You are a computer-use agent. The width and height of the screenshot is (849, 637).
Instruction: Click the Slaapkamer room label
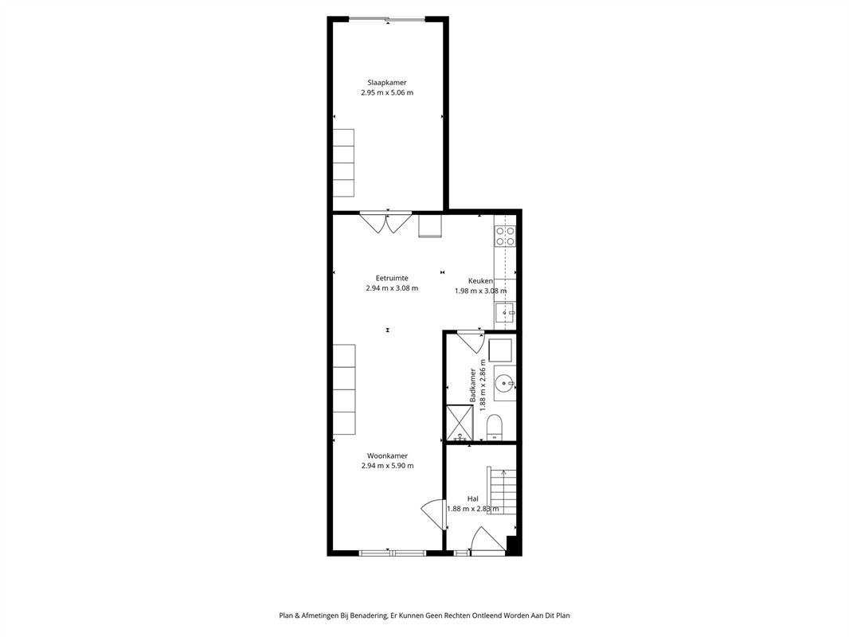(x=386, y=83)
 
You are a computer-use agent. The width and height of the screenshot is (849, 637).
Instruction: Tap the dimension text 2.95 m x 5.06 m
(x=386, y=92)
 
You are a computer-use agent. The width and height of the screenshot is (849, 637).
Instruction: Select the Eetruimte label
(x=392, y=278)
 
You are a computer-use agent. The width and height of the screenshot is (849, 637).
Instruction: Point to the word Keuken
(x=480, y=281)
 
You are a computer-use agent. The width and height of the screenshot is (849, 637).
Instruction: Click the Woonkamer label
(x=387, y=455)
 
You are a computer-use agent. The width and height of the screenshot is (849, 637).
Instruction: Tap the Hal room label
(x=473, y=499)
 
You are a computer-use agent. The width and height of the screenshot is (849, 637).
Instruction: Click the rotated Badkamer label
(x=473, y=385)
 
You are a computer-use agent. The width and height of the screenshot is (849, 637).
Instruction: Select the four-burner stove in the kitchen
(x=505, y=236)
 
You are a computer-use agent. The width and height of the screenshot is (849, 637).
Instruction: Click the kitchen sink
(x=506, y=313)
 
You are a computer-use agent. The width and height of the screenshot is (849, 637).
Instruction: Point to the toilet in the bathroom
(x=495, y=428)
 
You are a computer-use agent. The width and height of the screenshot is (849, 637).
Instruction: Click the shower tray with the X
(x=460, y=423)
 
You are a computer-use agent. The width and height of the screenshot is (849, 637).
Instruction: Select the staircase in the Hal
(x=501, y=490)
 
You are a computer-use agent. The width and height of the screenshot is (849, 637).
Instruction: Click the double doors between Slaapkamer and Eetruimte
(x=385, y=223)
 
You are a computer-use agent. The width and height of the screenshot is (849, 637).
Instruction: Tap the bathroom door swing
(x=470, y=341)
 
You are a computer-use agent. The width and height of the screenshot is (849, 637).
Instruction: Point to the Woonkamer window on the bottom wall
(x=393, y=553)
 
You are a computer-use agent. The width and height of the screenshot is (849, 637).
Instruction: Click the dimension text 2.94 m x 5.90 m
(x=387, y=466)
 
